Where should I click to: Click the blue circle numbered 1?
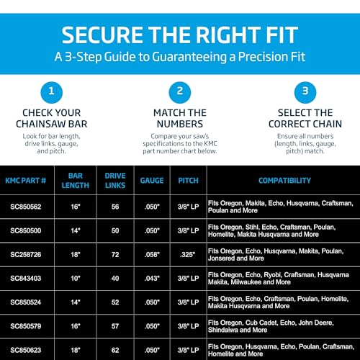tap(52, 92)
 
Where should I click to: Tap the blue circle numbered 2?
tap(180, 92)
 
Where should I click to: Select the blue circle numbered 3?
tap(305, 92)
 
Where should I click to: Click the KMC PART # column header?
tap(26, 181)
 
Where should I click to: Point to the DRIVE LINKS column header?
tap(115, 181)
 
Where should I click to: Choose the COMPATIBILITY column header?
tap(284, 181)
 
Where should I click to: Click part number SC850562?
tap(26, 207)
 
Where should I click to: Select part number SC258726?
tap(26, 254)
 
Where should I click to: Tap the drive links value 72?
tap(115, 254)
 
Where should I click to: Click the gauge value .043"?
tap(152, 279)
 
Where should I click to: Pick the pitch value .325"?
tap(188, 254)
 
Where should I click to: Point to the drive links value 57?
tap(115, 326)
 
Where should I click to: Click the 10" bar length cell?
tap(76, 279)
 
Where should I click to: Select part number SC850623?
tap(26, 350)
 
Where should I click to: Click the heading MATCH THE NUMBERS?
tap(180, 118)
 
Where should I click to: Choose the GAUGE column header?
tap(152, 181)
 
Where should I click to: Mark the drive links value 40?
tap(115, 279)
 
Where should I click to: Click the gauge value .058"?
tap(152, 254)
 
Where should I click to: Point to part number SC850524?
tap(26, 302)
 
